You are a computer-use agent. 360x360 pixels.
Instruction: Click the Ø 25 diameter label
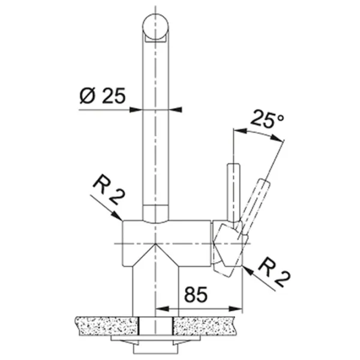click(x=103, y=95)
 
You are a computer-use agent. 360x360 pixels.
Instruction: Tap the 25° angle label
click(x=267, y=119)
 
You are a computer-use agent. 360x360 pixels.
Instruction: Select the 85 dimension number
click(x=196, y=295)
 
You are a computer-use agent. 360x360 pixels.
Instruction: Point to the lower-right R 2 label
click(x=274, y=272)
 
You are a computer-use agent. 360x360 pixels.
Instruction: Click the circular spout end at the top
click(x=155, y=26)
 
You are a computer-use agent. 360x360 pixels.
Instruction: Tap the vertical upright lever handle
click(x=233, y=195)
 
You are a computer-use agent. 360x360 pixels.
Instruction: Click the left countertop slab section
click(x=107, y=326)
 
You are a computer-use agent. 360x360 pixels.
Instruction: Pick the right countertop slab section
click(x=204, y=326)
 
